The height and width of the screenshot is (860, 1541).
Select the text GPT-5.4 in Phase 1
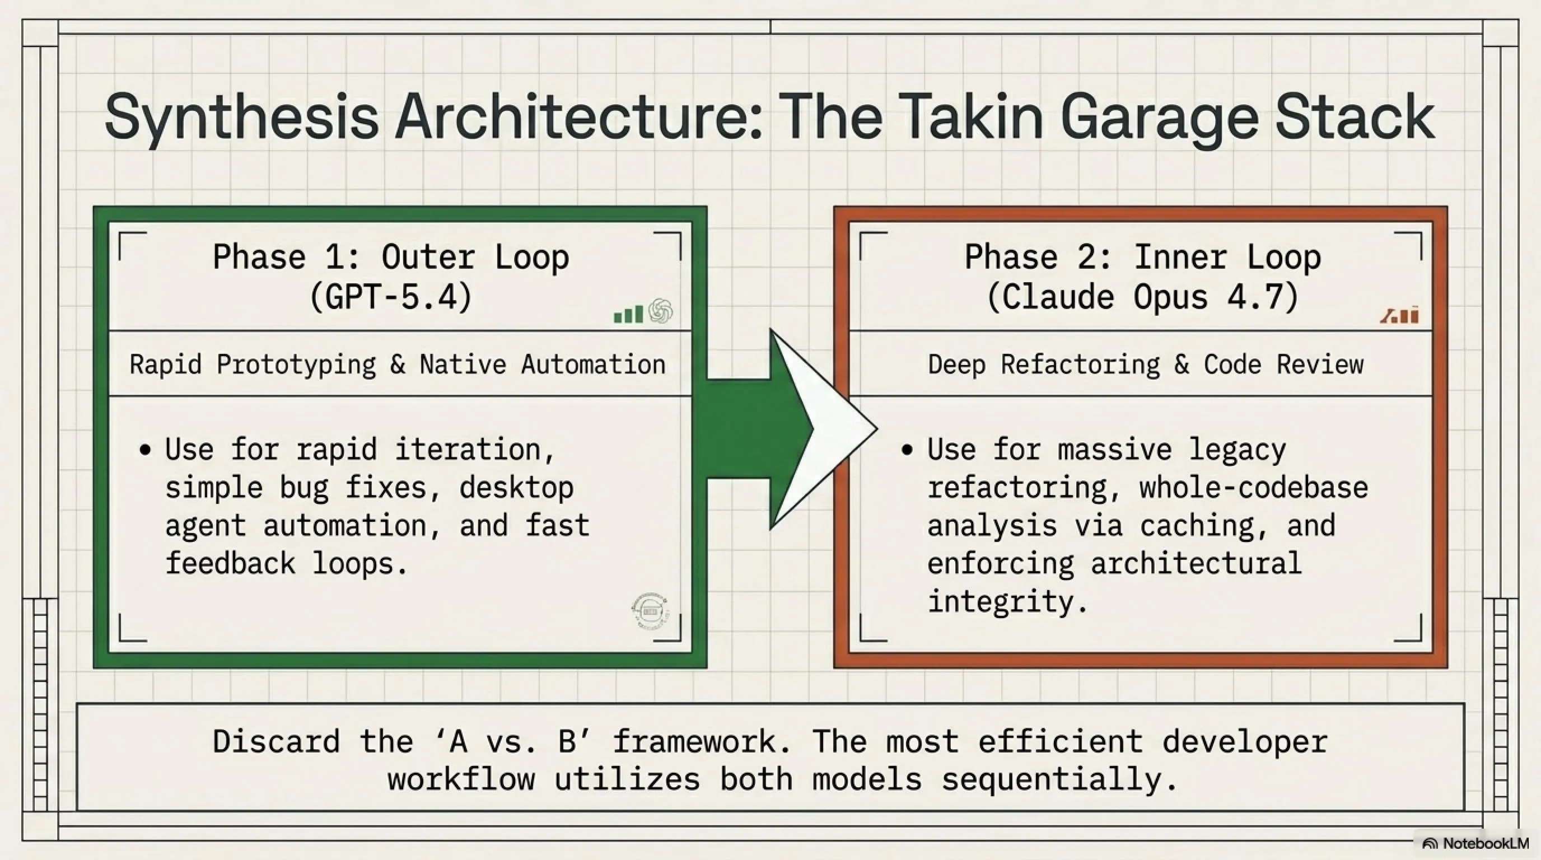pos(391,297)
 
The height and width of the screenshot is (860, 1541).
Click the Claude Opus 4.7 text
pos(1142,297)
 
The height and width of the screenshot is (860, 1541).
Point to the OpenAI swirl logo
pos(660,311)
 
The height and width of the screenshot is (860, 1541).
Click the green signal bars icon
pos(628,314)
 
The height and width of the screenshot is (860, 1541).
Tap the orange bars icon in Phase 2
pos(1400,315)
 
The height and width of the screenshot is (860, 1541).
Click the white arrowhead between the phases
pos(823,429)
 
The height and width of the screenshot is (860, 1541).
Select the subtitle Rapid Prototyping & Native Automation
pos(398,364)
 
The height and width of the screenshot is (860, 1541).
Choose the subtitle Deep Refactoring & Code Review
pos(1146,364)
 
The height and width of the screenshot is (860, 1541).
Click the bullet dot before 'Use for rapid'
pos(145,450)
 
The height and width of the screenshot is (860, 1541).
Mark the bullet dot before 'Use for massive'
pos(907,450)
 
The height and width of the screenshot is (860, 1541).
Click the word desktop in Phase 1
pos(516,488)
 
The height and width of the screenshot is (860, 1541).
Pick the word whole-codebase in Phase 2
pos(1253,488)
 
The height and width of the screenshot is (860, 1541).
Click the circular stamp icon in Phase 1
pos(650,612)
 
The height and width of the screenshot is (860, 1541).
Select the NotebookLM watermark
pos(1475,843)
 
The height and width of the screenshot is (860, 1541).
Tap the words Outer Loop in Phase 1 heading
pos(475,258)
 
